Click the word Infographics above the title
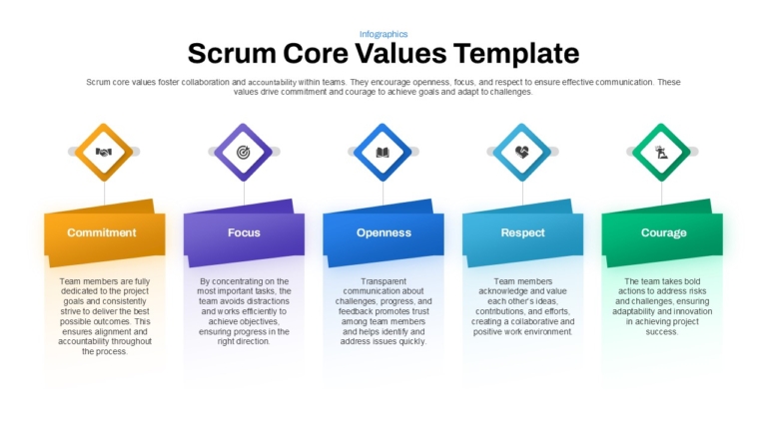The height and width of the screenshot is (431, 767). point(383,34)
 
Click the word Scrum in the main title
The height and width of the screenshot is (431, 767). point(232,53)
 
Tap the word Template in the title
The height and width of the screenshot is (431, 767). point(516,54)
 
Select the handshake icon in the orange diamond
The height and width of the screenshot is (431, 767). point(104,152)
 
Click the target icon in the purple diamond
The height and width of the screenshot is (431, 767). point(243,152)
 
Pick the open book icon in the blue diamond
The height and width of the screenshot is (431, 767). point(383,153)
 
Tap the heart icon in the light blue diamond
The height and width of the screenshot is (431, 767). point(522,152)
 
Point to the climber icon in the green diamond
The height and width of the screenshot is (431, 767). point(661,153)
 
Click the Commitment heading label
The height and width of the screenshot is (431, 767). point(102,232)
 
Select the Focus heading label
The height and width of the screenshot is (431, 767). point(244,232)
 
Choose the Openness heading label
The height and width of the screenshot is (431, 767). point(383,232)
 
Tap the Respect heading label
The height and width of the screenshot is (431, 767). point(522,232)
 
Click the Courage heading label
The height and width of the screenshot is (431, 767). point(663,232)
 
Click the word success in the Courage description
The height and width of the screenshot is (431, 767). point(661,332)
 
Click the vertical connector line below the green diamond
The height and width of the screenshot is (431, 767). point(661,193)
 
